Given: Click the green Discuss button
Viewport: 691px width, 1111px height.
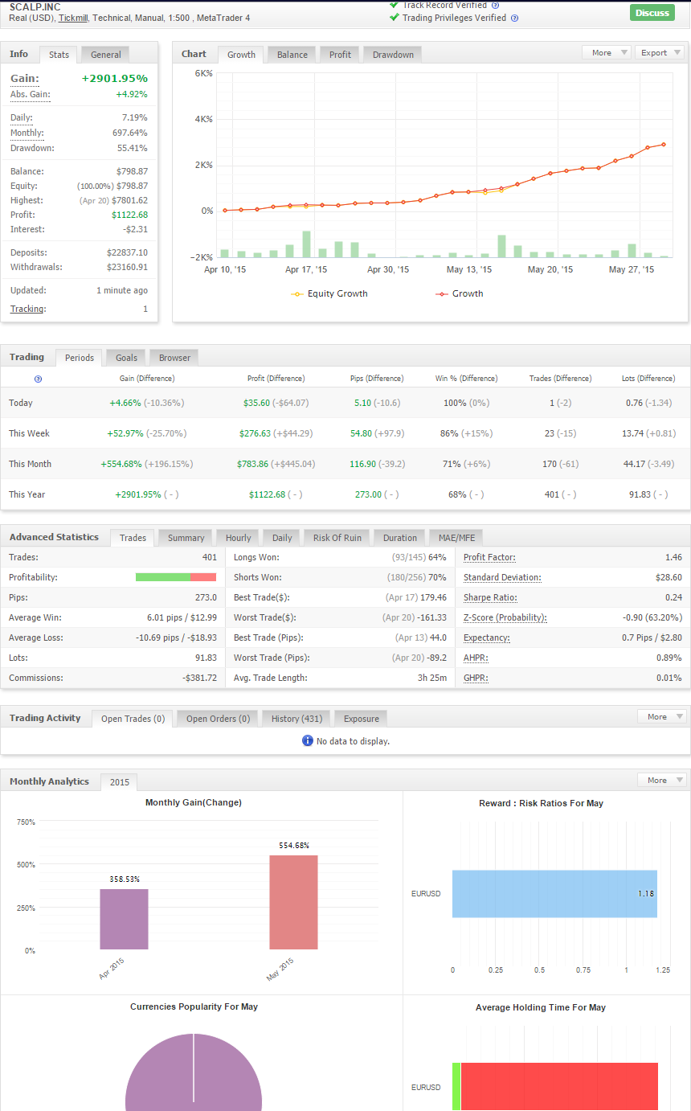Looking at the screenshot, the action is point(652,12).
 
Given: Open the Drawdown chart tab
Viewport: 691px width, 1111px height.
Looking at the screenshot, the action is point(393,55).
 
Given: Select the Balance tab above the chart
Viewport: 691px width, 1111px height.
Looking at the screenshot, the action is point(292,55).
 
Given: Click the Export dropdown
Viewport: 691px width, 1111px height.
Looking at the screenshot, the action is point(660,52).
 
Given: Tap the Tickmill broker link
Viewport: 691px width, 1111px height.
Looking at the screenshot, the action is point(73,18).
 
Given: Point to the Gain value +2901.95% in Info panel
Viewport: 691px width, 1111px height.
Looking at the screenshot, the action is point(115,78).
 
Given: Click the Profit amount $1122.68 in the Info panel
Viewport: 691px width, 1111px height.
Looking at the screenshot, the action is point(129,215).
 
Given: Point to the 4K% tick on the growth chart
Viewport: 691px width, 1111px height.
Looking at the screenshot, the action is point(204,119).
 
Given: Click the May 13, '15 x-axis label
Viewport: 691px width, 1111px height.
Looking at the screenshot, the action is point(469,269).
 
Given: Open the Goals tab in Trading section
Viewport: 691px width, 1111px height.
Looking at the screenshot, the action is point(126,358).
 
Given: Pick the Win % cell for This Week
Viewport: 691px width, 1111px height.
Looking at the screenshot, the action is point(466,433).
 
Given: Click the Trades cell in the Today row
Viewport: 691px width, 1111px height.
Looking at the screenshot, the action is point(560,403).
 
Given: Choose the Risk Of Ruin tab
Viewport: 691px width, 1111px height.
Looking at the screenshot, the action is point(337,538).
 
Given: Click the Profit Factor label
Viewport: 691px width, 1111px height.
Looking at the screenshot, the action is point(489,557).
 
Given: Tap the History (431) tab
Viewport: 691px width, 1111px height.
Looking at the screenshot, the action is point(296,719).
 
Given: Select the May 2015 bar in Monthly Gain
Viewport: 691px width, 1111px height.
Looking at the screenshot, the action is point(293,902).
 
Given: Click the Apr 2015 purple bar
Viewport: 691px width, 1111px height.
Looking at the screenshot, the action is point(124,919).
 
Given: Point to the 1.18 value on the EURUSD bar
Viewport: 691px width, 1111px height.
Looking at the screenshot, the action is point(645,893).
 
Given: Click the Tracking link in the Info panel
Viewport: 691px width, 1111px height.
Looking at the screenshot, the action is point(28,309).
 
